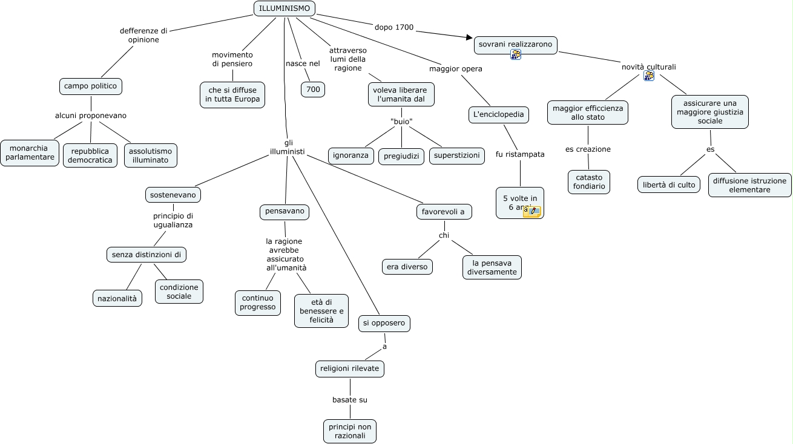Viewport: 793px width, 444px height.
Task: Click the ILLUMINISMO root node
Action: click(285, 8)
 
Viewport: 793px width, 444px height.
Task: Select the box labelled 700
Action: click(313, 90)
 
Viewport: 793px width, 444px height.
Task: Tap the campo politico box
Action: click(91, 87)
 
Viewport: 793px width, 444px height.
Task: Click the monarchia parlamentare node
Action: click(30, 153)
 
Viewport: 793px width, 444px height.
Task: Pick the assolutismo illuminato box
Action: click(151, 155)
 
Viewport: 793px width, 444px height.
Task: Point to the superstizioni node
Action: click(456, 155)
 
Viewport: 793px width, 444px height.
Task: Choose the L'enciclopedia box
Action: click(498, 114)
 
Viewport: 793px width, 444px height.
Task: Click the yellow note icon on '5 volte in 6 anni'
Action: click(532, 211)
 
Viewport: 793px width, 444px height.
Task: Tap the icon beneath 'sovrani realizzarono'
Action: click(516, 55)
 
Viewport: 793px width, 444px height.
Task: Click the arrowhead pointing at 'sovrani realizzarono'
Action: click(469, 37)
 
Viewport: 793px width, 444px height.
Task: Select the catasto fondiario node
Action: click(589, 182)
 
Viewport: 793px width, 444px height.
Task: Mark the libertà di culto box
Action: click(669, 184)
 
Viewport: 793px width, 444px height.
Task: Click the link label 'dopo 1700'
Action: click(394, 27)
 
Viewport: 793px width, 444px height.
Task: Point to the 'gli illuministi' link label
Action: click(288, 147)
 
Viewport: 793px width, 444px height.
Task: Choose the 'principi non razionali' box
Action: click(350, 431)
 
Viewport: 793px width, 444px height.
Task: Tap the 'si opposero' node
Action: click(384, 324)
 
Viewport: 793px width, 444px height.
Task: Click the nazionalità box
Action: click(117, 298)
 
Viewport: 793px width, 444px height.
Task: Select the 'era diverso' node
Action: click(407, 267)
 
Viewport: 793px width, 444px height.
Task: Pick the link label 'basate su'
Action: click(350, 400)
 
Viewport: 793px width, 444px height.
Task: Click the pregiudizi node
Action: click(401, 157)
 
